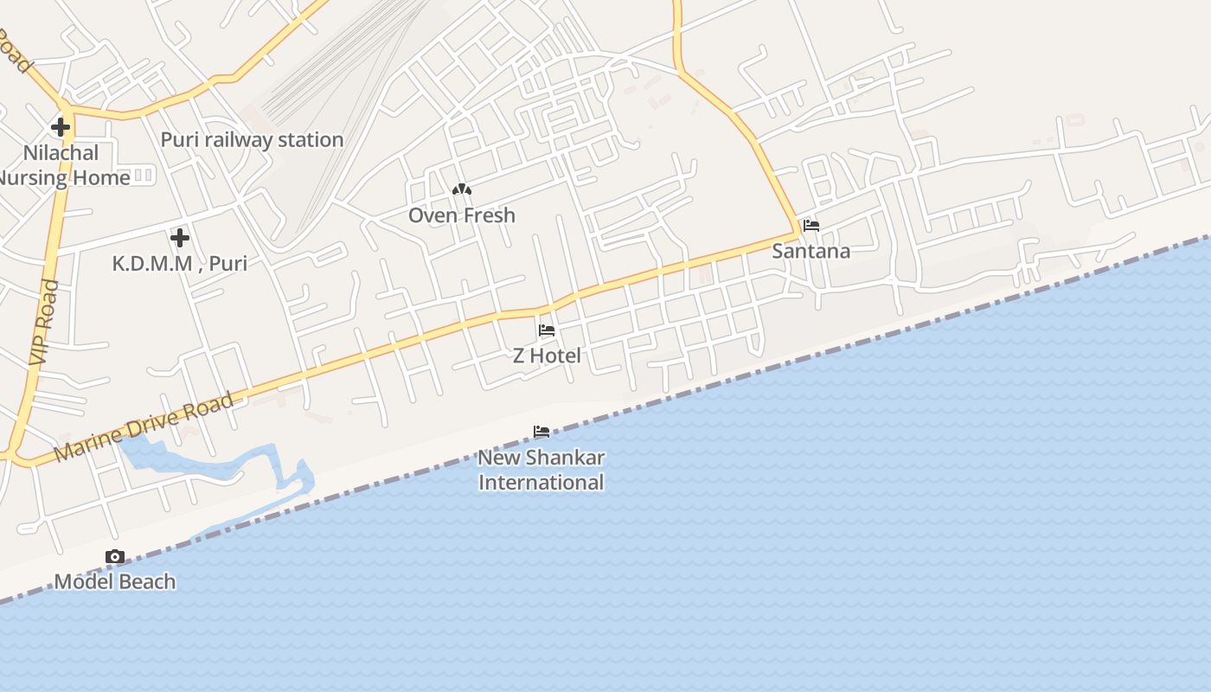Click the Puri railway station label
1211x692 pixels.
point(252,139)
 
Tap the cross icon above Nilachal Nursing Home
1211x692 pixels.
point(61,127)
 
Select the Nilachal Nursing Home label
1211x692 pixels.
point(62,165)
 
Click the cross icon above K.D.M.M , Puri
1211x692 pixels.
point(180,237)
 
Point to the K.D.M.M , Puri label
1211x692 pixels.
point(180,263)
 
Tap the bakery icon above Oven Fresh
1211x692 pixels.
point(462,189)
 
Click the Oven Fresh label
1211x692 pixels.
point(462,215)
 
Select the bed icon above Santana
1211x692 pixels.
point(811,226)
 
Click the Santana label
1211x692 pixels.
point(811,251)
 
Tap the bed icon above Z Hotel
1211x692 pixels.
point(547,330)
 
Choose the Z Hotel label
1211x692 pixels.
point(547,356)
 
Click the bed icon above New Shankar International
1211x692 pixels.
point(541,432)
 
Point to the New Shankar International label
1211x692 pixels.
point(541,470)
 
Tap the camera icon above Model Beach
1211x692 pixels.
point(115,556)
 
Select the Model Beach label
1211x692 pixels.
point(115,581)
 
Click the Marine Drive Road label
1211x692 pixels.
point(144,426)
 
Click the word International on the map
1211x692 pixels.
point(541,483)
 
